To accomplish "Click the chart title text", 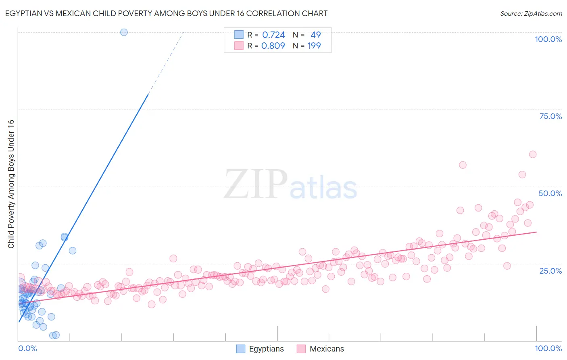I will (166, 13).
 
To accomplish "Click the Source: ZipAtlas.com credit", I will (531, 13).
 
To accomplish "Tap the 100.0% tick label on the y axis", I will (548, 39).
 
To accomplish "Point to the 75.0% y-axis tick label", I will (550, 116).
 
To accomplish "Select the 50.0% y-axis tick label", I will (550, 193).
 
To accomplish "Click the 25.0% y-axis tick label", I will (550, 270).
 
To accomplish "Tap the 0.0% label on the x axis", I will (27, 348).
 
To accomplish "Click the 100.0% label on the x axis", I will (548, 348).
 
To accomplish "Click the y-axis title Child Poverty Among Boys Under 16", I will (11, 184).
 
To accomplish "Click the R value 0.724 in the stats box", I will (273, 35).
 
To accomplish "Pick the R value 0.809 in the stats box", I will (273, 46).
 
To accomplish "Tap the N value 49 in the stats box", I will (315, 35).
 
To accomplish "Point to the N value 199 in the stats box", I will (314, 46).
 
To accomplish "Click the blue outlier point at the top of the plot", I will (124, 32).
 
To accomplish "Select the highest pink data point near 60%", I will (532, 154).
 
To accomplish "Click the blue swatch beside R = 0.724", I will (239, 35).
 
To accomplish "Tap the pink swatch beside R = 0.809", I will (239, 46).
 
